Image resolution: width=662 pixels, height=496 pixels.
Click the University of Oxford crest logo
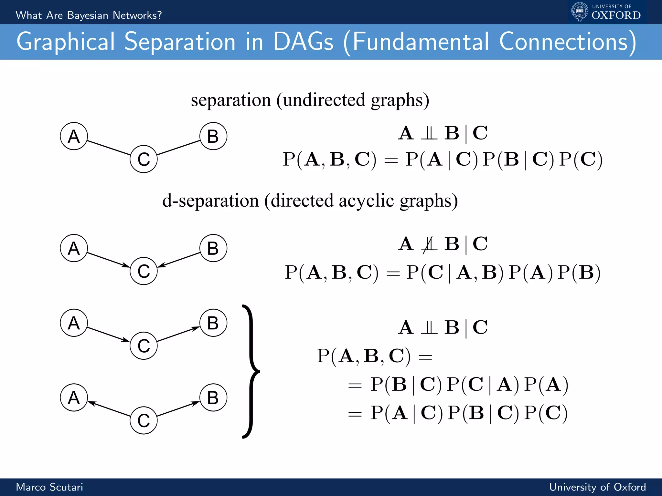pyautogui.click(x=580, y=12)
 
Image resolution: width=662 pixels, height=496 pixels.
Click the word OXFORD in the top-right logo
pyautogui.click(x=616, y=15)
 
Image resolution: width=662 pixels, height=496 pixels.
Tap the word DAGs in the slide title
pyautogui.click(x=303, y=42)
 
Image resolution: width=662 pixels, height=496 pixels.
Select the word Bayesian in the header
pyautogui.click(x=88, y=15)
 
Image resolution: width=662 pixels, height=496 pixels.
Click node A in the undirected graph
pyautogui.click(x=74, y=136)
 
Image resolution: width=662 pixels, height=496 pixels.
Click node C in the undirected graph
pyautogui.click(x=144, y=159)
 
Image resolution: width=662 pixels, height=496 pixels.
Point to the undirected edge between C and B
pyautogui.click(x=178, y=148)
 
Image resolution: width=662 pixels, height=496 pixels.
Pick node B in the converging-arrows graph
pyautogui.click(x=213, y=248)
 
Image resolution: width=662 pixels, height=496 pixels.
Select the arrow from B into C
pyautogui.click(x=178, y=260)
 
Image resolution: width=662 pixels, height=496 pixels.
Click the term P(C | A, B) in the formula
pyautogui.click(x=454, y=273)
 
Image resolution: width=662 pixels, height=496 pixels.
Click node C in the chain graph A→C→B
pyautogui.click(x=144, y=346)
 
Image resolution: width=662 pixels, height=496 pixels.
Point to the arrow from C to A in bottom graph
pyautogui.click(x=109, y=408)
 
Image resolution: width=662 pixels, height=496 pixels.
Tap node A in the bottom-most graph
pyautogui.click(x=74, y=398)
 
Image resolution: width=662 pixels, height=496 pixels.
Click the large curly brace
pyautogui.click(x=251, y=371)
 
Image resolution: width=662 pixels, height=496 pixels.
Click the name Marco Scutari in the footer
pyautogui.click(x=49, y=487)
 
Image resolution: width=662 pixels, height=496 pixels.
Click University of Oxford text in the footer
pyautogui.click(x=597, y=487)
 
